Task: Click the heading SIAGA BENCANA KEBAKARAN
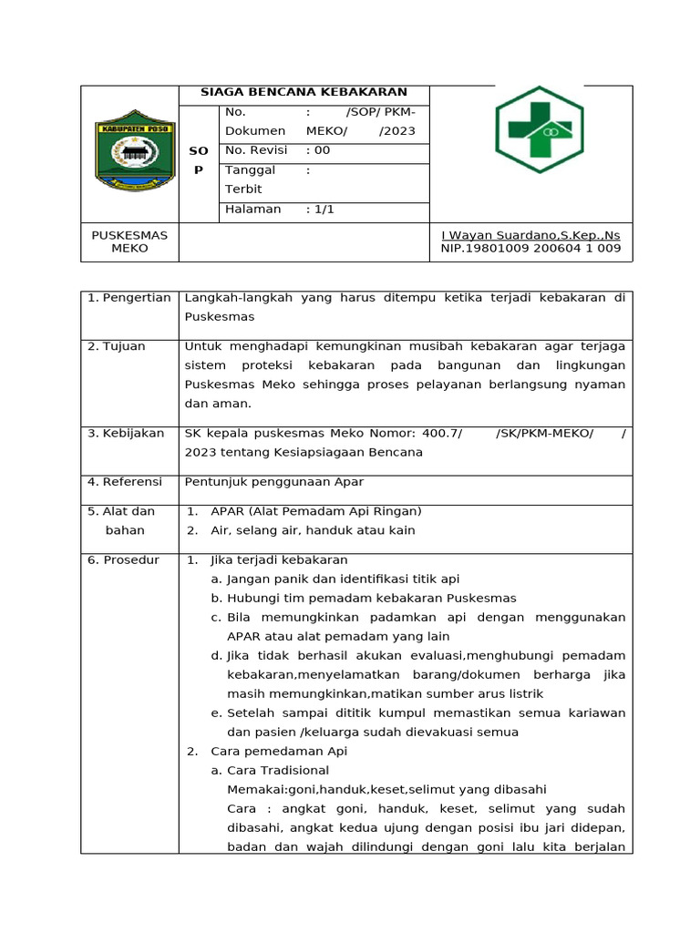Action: pyautogui.click(x=304, y=93)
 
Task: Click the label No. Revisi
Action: pyautogui.click(x=255, y=150)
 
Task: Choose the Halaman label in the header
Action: pyautogui.click(x=252, y=209)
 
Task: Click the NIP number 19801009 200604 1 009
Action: pyautogui.click(x=530, y=248)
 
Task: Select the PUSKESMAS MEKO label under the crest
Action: pyautogui.click(x=129, y=241)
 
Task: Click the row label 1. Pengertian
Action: pyautogui.click(x=129, y=298)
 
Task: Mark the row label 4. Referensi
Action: pyautogui.click(x=125, y=481)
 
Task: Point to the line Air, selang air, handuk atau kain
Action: pyautogui.click(x=313, y=530)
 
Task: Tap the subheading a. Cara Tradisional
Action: pyautogui.click(x=270, y=771)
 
